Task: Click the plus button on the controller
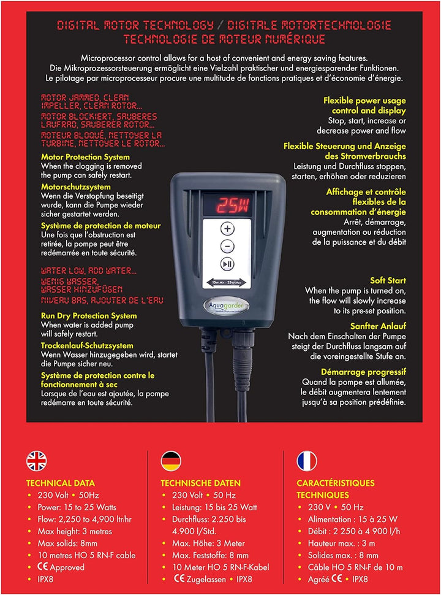[x=227, y=229]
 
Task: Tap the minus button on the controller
[x=227, y=247]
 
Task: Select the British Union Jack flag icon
[x=36, y=460]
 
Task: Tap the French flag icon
[x=306, y=460]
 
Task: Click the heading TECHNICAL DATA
[x=60, y=483]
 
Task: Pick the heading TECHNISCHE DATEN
[x=200, y=483]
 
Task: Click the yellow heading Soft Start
[x=388, y=280]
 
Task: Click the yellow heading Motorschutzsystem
[x=76, y=186]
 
